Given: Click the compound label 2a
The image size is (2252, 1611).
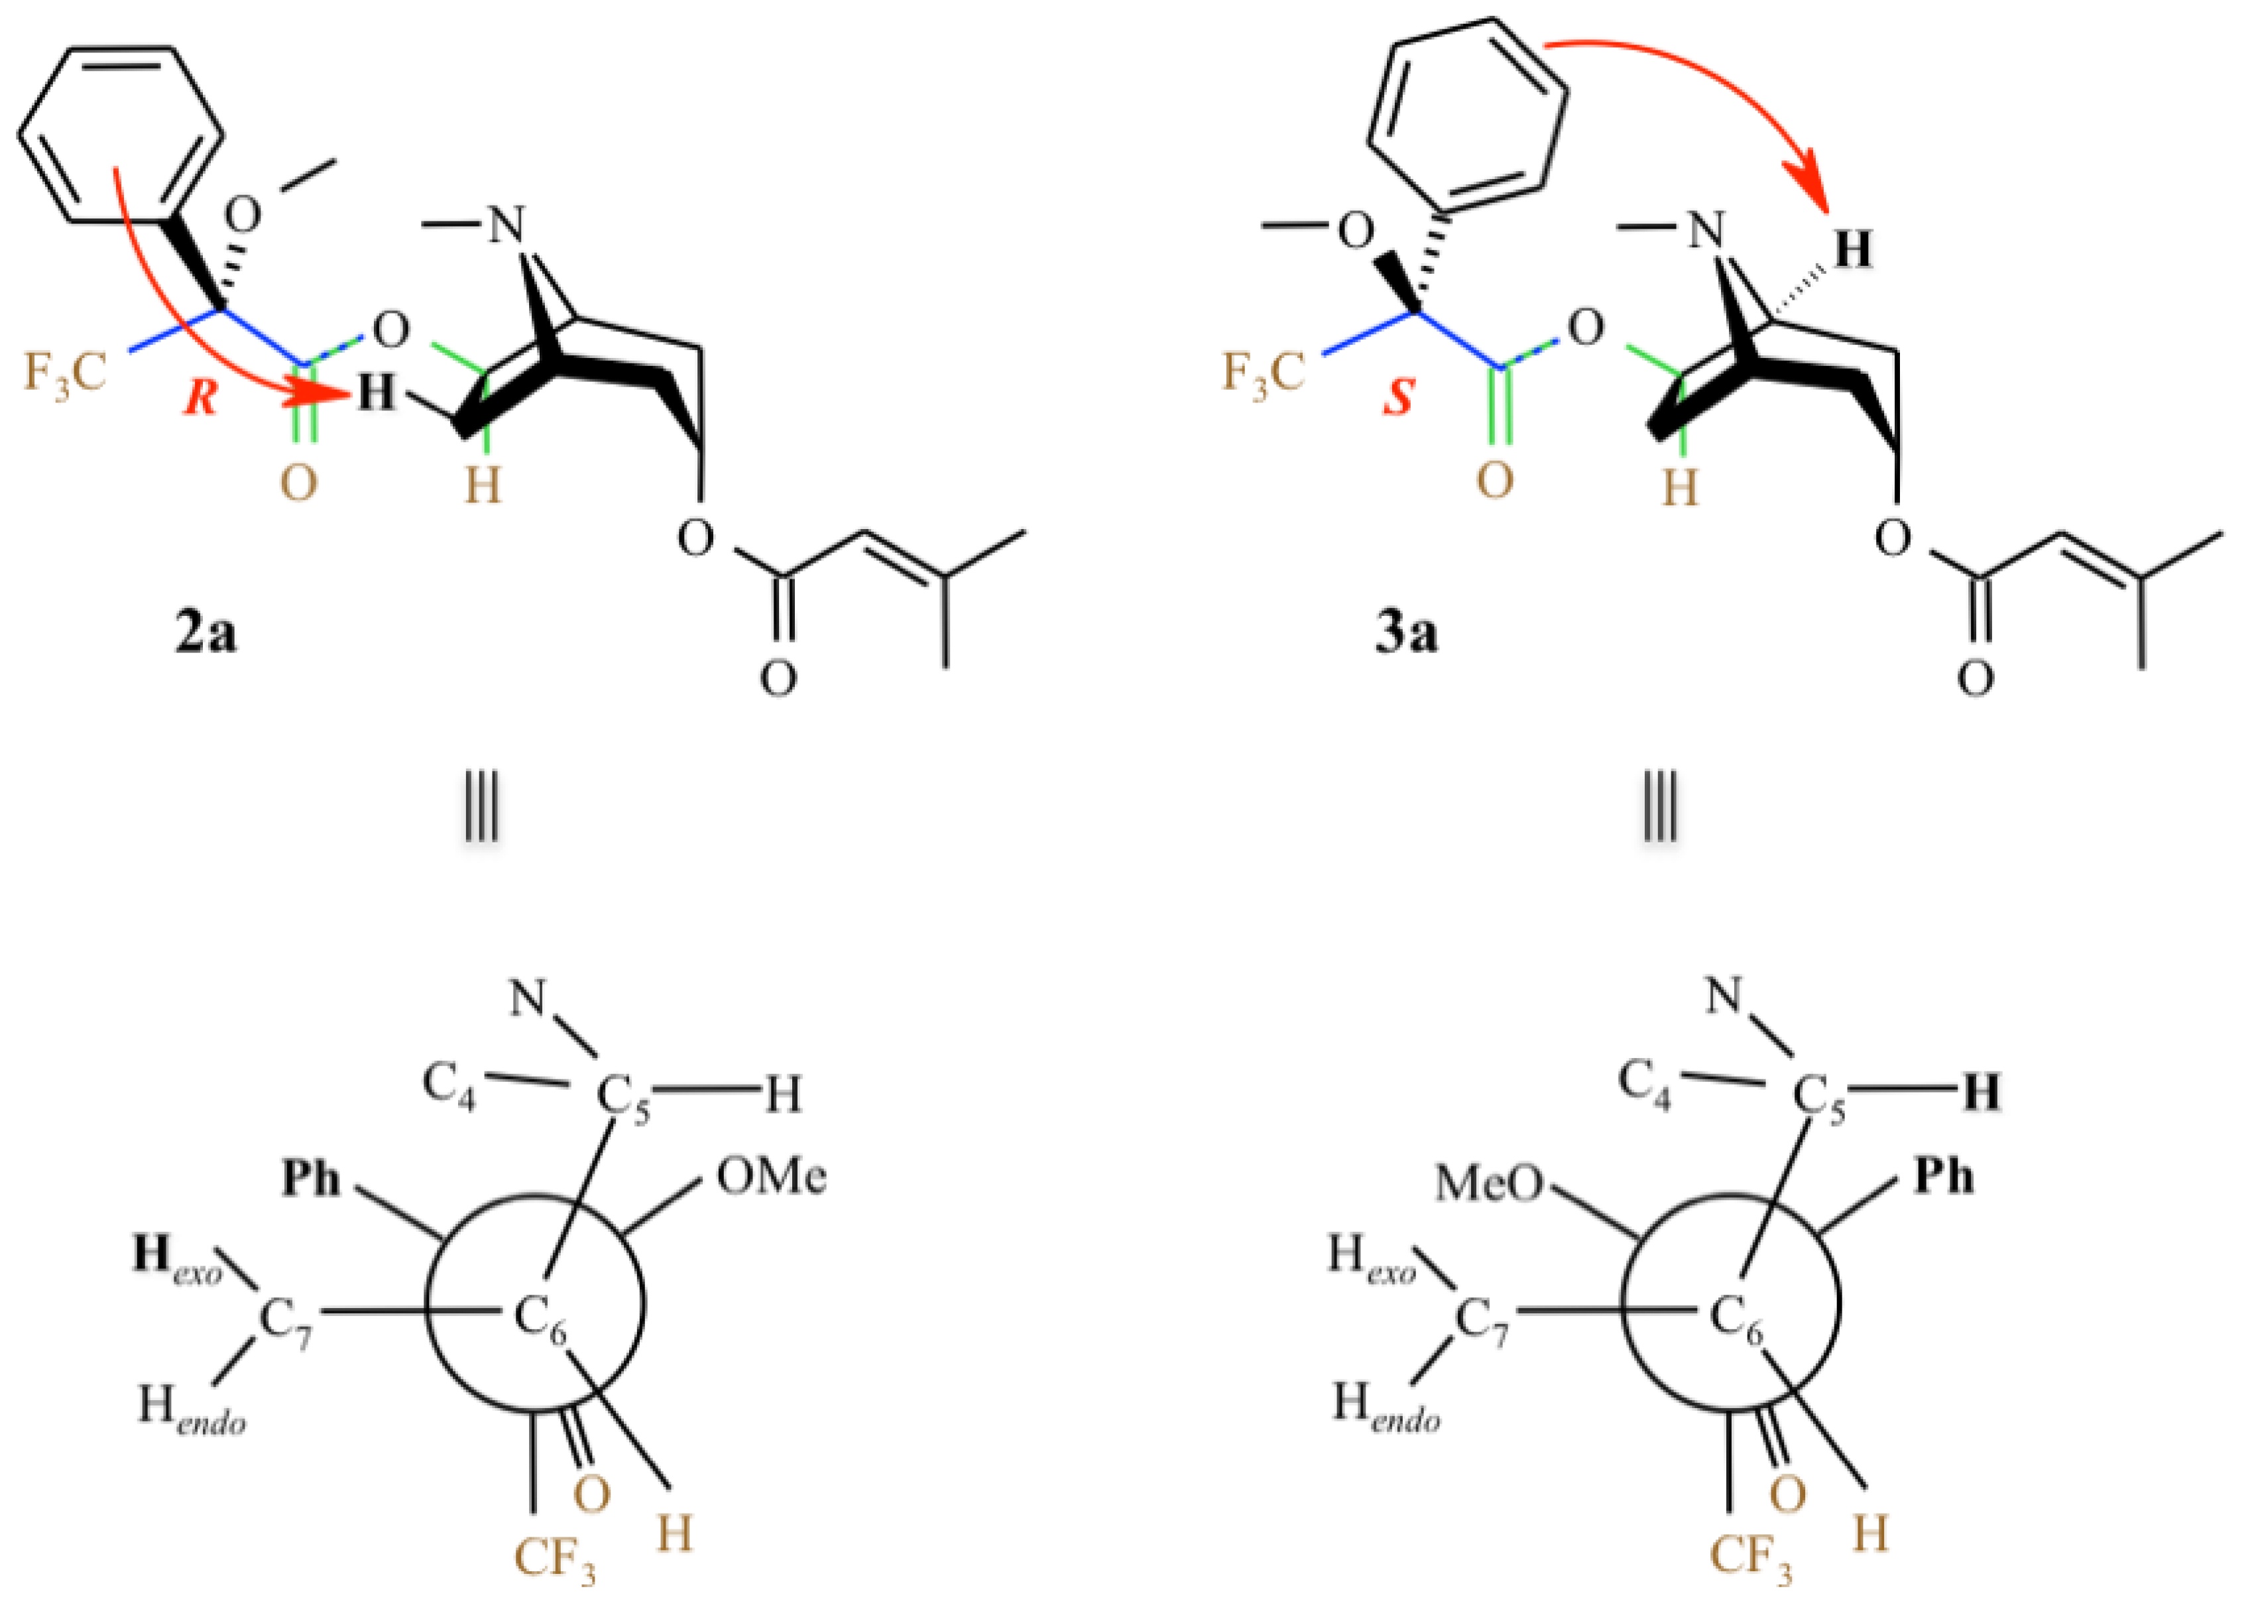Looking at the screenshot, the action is [x=206, y=634].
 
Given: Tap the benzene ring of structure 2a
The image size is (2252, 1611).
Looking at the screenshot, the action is [x=120, y=134].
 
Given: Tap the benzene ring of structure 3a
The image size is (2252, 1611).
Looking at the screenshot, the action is [x=1467, y=117].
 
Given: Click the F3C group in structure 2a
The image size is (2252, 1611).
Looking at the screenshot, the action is [x=64, y=374].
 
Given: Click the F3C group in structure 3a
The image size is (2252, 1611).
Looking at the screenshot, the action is [x=1262, y=374].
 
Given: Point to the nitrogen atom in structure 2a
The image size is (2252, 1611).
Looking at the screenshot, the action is [x=506, y=225].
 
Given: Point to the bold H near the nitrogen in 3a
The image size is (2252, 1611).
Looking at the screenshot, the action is [x=1852, y=249].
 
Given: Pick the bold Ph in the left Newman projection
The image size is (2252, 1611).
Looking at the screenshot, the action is [x=310, y=1179].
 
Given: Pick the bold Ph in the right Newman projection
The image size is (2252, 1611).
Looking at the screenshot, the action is [x=1942, y=1177].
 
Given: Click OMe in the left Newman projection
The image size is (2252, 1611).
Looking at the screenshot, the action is [x=771, y=1177].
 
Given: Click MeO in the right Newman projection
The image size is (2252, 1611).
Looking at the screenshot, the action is [x=1489, y=1183].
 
